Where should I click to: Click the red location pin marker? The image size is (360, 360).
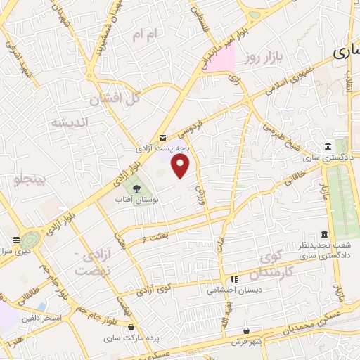pyautogui.click(x=181, y=166)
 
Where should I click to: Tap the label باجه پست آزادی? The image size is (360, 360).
pyautogui.click(x=163, y=149)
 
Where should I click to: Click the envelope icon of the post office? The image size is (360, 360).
pyautogui.click(x=163, y=137)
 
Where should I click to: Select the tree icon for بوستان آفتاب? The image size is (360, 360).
pyautogui.click(x=136, y=188)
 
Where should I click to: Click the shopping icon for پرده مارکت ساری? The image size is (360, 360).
pyautogui.click(x=132, y=327)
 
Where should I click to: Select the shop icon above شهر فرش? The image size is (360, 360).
pyautogui.click(x=247, y=330)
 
